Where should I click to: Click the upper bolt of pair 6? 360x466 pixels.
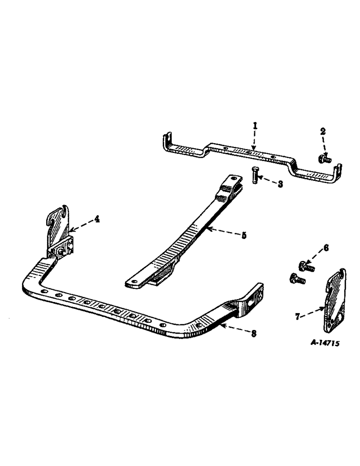(x=306, y=267)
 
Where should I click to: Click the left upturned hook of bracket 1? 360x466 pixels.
(x=166, y=142)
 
